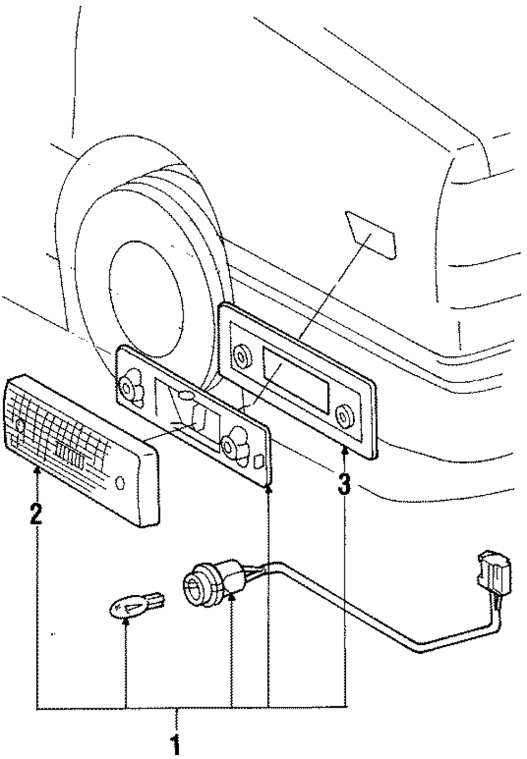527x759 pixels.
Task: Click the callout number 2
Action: click(x=36, y=513)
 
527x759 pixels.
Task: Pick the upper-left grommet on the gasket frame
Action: click(x=241, y=356)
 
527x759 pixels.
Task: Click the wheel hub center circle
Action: click(x=147, y=299)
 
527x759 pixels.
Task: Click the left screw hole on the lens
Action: click(x=20, y=425)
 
